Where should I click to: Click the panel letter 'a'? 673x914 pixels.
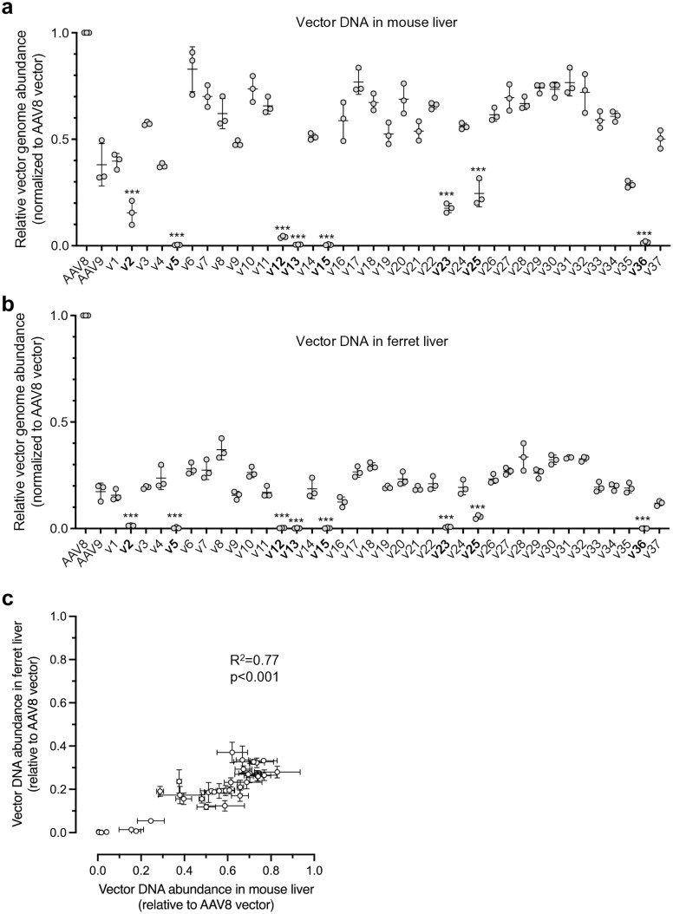tap(10, 10)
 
